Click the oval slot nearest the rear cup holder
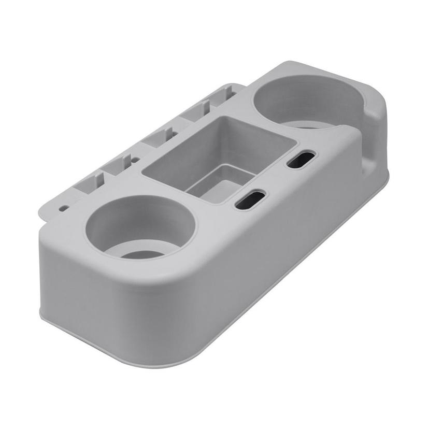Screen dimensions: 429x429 click(x=302, y=159)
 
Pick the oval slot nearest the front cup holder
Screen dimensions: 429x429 click(x=251, y=199)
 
